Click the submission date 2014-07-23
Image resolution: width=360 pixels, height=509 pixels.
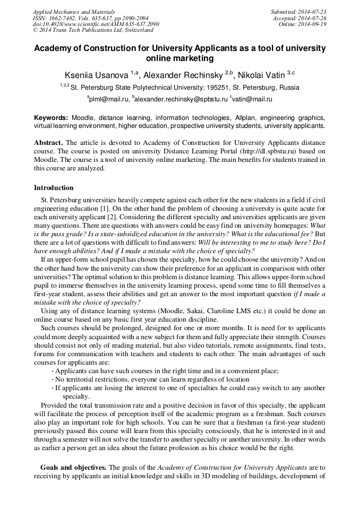(312, 12)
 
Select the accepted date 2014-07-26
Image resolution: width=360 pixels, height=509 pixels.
(312, 18)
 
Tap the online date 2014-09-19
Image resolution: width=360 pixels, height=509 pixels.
(312, 24)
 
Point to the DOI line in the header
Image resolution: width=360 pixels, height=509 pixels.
(96, 24)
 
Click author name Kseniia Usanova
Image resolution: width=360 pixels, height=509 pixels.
(96, 74)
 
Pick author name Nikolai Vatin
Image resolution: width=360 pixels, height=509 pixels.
(265, 74)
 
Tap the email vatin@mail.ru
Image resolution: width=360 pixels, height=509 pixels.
(253, 99)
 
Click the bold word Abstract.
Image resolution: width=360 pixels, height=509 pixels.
(48, 143)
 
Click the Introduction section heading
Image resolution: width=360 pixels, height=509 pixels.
(54, 188)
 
